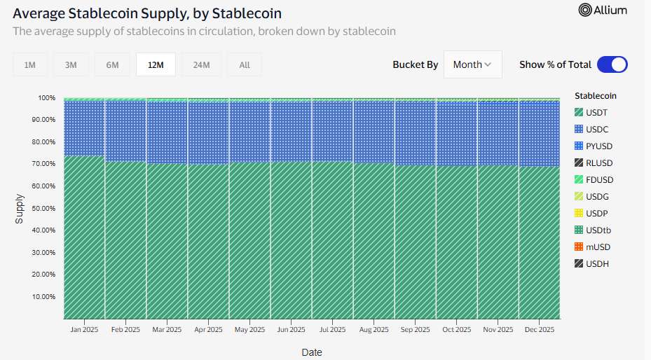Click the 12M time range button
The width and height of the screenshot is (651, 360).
tap(156, 65)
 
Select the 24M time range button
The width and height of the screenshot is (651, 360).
tap(201, 65)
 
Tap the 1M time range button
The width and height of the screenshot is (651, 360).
tap(30, 65)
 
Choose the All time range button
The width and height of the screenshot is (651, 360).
tap(244, 65)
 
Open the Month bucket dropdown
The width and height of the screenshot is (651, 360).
tap(472, 64)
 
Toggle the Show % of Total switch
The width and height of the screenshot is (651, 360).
tap(612, 64)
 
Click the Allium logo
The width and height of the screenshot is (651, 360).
tap(603, 10)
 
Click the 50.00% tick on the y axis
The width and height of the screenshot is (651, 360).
tap(43, 208)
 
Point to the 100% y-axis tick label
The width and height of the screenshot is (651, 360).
tap(46, 97)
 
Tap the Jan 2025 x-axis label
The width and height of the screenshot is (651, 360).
tap(84, 329)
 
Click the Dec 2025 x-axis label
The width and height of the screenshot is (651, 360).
tap(539, 329)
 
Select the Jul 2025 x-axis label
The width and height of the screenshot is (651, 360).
tap(332, 329)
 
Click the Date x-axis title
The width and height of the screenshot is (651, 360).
tap(312, 352)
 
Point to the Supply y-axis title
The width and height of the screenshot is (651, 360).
tap(19, 209)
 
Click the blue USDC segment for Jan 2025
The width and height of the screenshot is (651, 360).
tap(84, 128)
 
